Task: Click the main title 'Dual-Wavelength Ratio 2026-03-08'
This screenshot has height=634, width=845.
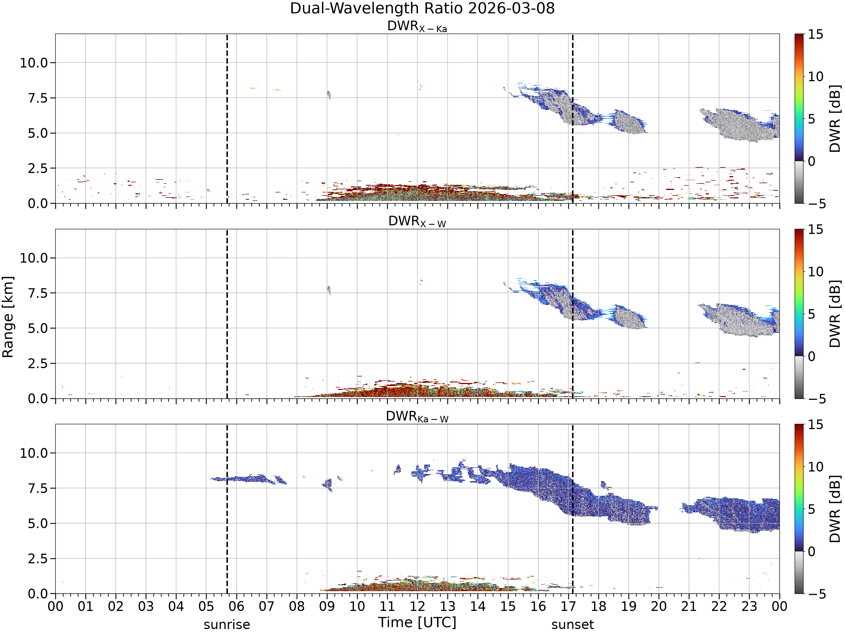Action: click(x=422, y=8)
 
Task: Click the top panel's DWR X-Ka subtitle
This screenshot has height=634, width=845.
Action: click(x=417, y=26)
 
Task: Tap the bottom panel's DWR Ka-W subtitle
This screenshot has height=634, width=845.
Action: click(x=417, y=416)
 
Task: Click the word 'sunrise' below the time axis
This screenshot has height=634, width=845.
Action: click(x=227, y=624)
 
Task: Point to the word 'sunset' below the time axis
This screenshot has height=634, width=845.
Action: click(x=573, y=624)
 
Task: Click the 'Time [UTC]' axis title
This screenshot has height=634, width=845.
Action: click(x=417, y=622)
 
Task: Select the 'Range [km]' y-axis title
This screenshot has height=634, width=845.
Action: click(x=8, y=317)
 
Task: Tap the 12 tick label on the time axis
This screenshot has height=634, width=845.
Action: click(x=417, y=606)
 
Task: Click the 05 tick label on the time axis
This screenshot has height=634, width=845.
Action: click(x=206, y=606)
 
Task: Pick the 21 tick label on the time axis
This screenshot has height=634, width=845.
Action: click(x=689, y=606)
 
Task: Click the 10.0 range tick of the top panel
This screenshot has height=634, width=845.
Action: click(x=34, y=63)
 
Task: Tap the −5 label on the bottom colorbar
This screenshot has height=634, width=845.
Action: click(x=817, y=594)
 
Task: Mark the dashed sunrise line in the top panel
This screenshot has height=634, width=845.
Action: click(x=227, y=118)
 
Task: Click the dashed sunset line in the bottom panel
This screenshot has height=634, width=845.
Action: click(x=573, y=509)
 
